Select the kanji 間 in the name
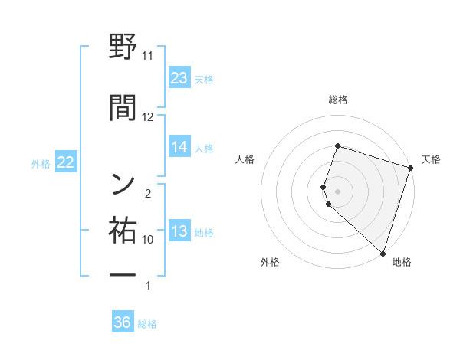(x=123, y=107)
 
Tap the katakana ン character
(x=123, y=183)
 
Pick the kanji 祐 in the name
(x=123, y=230)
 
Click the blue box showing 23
(x=179, y=78)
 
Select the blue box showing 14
(x=179, y=147)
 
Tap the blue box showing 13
(x=179, y=231)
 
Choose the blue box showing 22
(x=65, y=162)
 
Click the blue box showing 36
(x=123, y=322)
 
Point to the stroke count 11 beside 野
(x=148, y=56)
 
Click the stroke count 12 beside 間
(x=148, y=116)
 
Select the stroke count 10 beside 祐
(x=148, y=239)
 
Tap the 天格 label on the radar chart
(x=431, y=159)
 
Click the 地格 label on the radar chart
(x=402, y=262)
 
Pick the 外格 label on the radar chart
(x=270, y=262)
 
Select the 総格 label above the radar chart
(x=337, y=100)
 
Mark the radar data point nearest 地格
(x=383, y=253)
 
